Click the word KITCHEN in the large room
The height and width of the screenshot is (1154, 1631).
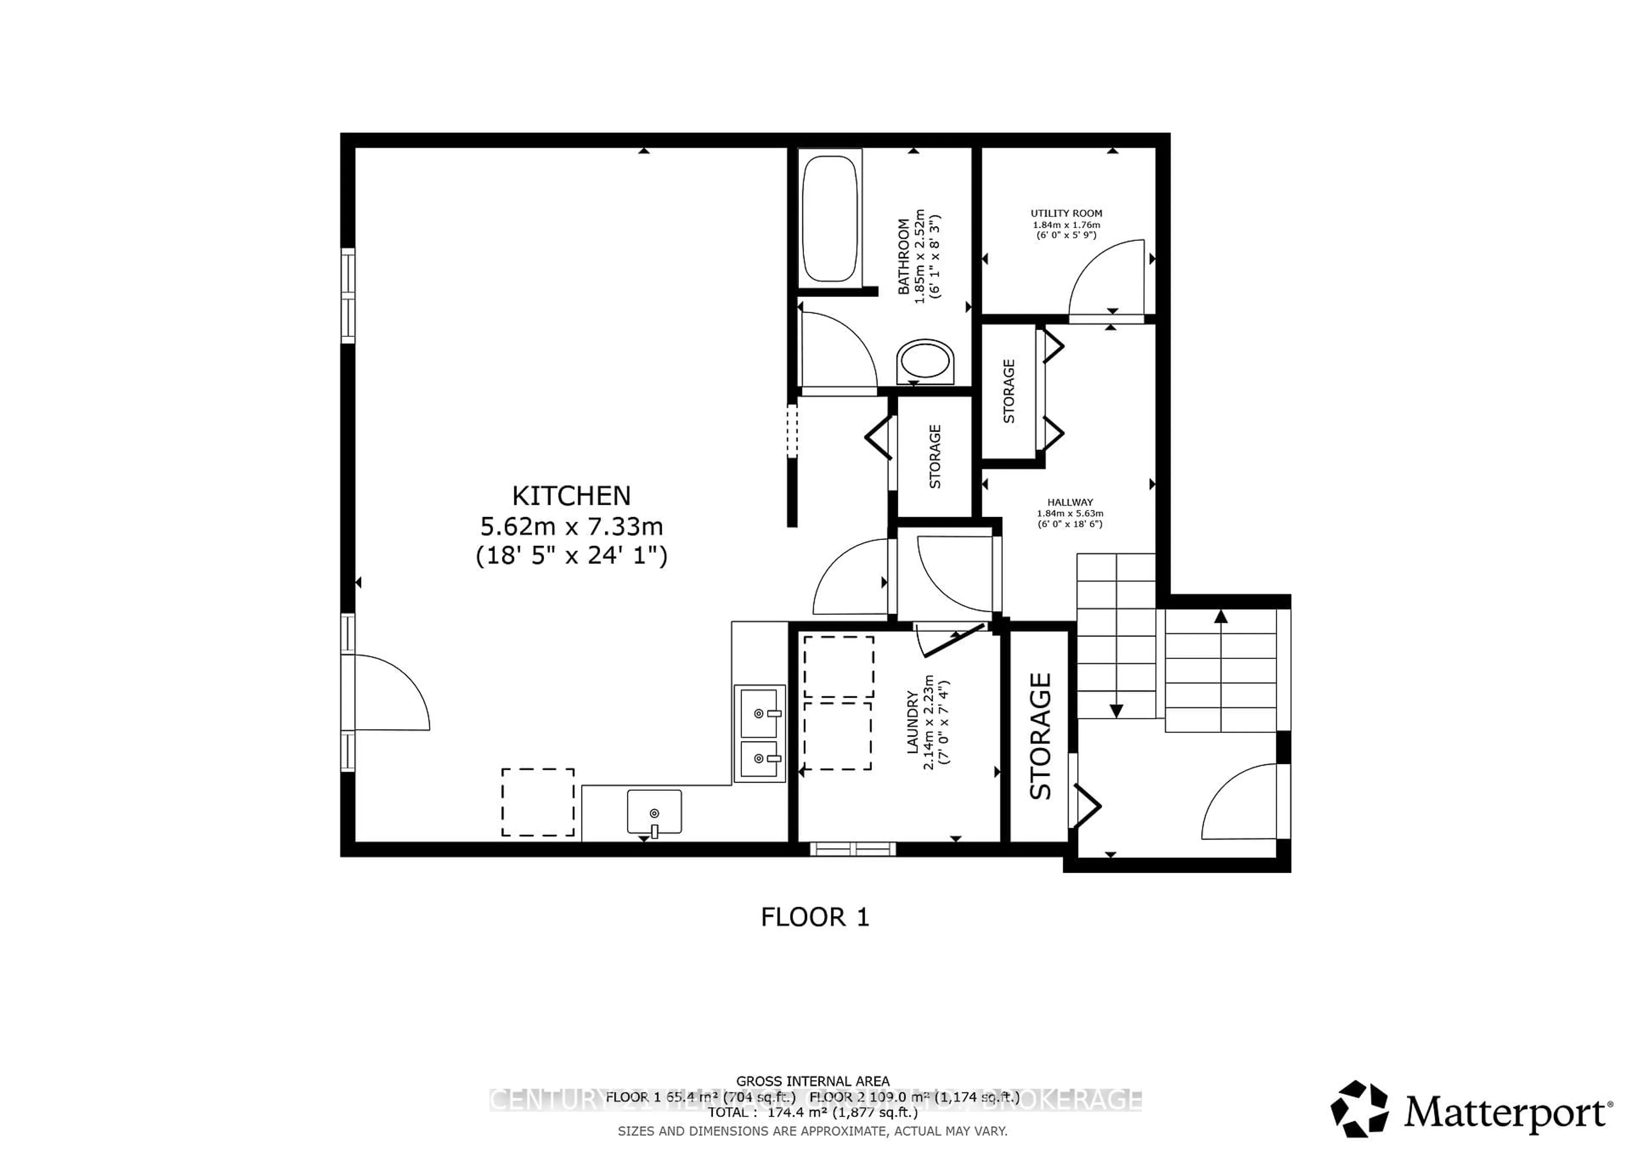point(571,495)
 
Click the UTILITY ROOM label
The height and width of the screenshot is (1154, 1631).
point(1066,213)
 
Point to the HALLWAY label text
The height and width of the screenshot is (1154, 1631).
point(1070,502)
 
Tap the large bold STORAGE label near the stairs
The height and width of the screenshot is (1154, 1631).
point(1041,736)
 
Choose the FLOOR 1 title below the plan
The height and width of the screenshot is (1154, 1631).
point(815,917)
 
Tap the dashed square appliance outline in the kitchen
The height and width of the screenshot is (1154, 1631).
point(538,802)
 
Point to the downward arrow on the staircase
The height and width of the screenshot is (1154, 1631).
point(1116,710)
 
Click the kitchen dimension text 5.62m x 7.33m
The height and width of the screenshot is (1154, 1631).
point(572,526)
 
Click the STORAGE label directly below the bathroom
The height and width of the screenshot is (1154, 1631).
point(935,456)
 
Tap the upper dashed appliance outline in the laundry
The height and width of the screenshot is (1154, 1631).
point(839,667)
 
